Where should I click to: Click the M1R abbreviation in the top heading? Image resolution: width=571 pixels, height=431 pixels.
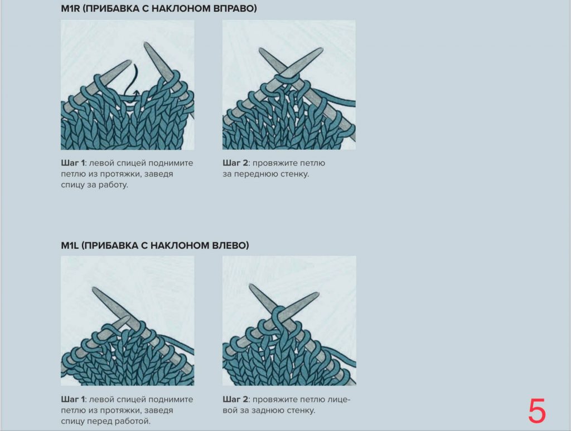(x=71, y=9)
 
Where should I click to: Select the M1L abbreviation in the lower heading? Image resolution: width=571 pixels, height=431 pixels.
(x=70, y=246)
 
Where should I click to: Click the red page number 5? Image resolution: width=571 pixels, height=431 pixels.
(x=537, y=412)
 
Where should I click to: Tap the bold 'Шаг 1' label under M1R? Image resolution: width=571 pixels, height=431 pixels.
(x=73, y=164)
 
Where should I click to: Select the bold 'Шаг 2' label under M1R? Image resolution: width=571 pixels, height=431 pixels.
(x=235, y=164)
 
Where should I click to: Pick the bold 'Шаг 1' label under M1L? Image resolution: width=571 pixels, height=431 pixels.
(x=73, y=400)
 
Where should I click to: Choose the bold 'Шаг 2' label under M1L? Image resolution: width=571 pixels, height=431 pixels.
(x=235, y=400)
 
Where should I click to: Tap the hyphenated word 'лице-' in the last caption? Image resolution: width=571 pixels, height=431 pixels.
(x=339, y=400)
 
